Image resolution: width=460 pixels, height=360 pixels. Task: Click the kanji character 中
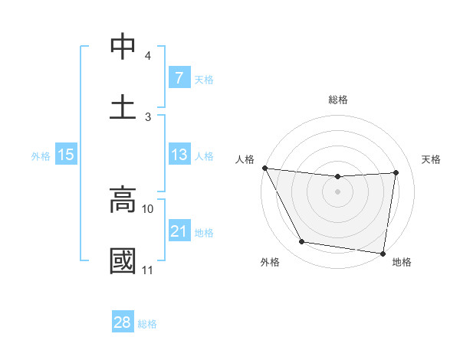[x=123, y=47]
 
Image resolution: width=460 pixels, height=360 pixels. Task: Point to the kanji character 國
[x=123, y=260]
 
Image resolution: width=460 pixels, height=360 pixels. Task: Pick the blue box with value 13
[x=179, y=155]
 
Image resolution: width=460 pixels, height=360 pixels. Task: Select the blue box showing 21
[x=179, y=231]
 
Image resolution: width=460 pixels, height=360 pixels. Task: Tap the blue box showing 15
[x=66, y=155]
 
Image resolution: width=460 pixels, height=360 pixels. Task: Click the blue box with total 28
[x=123, y=322]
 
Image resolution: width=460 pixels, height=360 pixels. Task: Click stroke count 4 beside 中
[x=148, y=56]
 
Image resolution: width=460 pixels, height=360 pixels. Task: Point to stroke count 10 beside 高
[x=148, y=208]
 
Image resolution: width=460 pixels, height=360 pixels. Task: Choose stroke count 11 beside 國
[x=148, y=270]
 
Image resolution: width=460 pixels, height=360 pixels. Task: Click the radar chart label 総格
[x=338, y=100]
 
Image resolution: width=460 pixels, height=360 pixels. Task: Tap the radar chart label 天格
[x=431, y=159]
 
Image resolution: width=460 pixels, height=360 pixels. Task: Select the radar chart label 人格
[x=245, y=159]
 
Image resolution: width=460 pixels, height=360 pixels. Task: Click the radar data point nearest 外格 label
[x=302, y=242]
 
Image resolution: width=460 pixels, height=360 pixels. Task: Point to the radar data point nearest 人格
[x=264, y=168]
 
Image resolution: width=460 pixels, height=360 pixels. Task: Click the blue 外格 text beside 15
[x=40, y=156]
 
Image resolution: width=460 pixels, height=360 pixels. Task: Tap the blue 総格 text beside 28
[x=147, y=324]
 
